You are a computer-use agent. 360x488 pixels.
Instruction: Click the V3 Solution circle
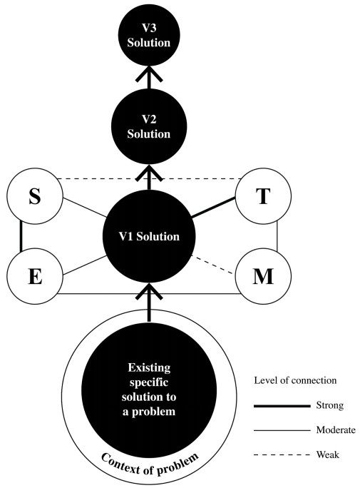point(149,35)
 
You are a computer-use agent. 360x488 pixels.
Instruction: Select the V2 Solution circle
point(149,127)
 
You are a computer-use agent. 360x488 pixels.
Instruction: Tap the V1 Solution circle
point(149,237)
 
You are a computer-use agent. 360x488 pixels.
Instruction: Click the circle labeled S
point(35,196)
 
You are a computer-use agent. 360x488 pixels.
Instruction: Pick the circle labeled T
point(263,196)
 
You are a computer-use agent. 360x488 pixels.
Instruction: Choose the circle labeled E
point(35,276)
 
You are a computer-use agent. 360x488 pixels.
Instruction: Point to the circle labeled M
point(263,276)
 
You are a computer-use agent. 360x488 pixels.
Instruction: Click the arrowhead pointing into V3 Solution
point(149,74)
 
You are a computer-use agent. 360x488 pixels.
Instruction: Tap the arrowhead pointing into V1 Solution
point(149,292)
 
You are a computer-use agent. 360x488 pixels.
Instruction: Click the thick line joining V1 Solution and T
point(213,208)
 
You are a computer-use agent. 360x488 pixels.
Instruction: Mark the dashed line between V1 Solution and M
point(212,265)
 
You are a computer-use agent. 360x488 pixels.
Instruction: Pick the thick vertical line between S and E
point(21,236)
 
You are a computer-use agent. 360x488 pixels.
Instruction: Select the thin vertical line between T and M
point(277,236)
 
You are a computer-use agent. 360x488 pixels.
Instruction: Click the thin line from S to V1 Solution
point(85,208)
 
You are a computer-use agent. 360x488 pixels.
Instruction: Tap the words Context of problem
point(150,464)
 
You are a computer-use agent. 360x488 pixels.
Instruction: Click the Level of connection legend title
point(295,380)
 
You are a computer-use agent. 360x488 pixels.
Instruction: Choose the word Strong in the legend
point(330,405)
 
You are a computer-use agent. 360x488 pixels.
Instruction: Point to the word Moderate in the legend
point(336,430)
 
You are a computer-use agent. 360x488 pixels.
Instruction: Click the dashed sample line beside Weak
point(282,455)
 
